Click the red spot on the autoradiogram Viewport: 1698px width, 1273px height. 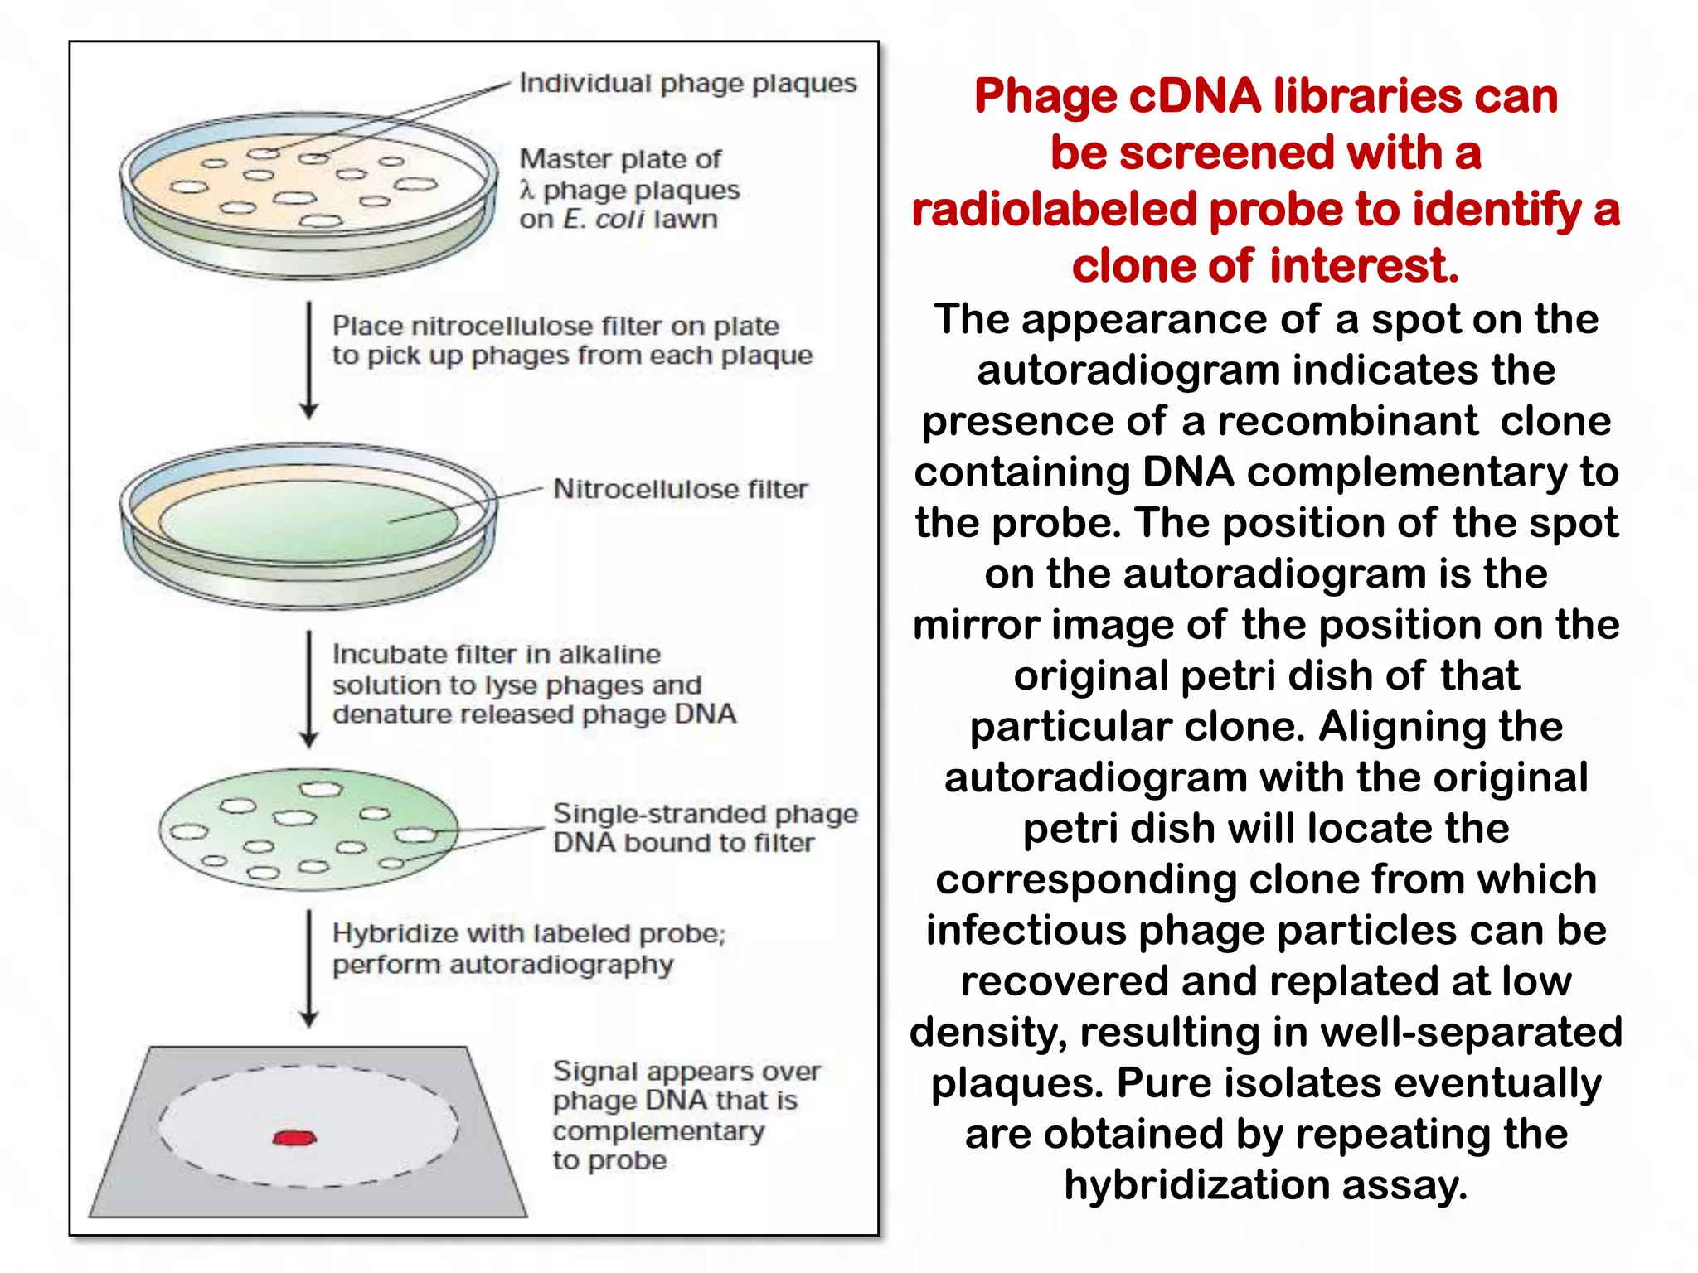[x=294, y=1137]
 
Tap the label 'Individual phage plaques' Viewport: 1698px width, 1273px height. [x=687, y=83]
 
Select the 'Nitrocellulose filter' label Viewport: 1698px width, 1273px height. [x=680, y=489]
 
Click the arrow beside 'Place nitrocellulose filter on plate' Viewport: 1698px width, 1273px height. [x=309, y=361]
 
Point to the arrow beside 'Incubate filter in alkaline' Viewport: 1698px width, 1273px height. [x=309, y=689]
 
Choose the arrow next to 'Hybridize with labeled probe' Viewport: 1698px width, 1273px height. [x=309, y=968]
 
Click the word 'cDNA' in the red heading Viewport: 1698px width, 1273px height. [x=1195, y=96]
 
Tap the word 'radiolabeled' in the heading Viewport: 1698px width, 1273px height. [x=1053, y=209]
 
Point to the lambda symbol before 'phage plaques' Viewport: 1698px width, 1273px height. [x=526, y=191]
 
